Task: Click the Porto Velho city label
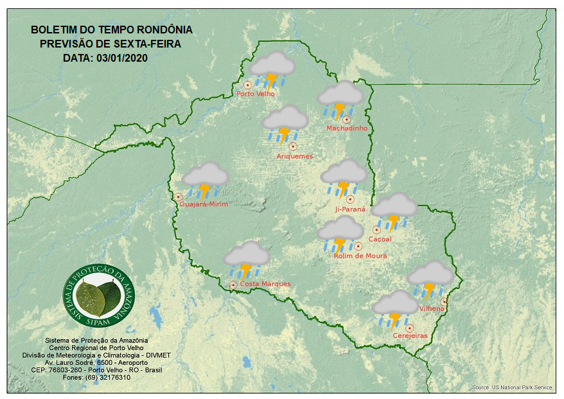(256, 94)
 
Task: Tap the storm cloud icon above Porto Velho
(272, 69)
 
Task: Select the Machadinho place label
(347, 129)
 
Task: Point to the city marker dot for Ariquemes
(293, 146)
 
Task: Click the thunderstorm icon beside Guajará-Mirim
(205, 179)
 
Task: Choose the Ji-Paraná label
(350, 209)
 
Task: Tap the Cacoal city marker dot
(376, 229)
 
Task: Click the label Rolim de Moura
(360, 256)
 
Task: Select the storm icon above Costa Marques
(246, 259)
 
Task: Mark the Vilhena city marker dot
(443, 301)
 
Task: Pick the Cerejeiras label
(410, 335)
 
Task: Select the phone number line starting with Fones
(96, 377)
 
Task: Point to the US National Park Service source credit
(511, 387)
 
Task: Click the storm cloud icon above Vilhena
(430, 279)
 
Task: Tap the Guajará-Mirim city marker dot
(178, 197)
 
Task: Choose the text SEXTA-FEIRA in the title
(146, 44)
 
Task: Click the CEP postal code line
(96, 370)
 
